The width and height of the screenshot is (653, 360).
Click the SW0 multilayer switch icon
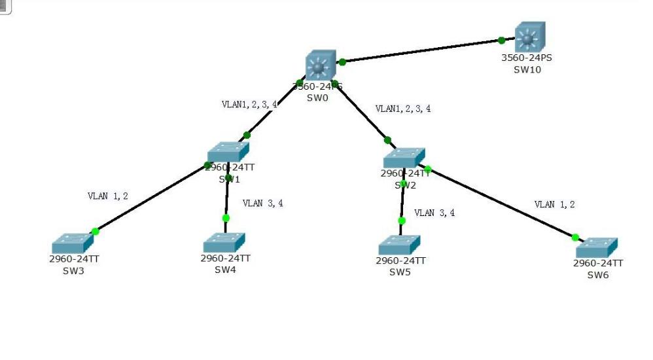[x=320, y=66]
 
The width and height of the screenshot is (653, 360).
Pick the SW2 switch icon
[x=404, y=158]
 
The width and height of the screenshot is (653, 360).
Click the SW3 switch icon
[x=72, y=243]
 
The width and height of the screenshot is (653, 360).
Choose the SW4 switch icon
[x=224, y=242]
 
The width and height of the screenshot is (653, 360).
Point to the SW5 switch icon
[x=399, y=245]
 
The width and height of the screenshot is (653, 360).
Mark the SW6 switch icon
[x=597, y=247]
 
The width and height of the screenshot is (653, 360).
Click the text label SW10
[x=527, y=70]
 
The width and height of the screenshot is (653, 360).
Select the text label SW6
[x=597, y=275]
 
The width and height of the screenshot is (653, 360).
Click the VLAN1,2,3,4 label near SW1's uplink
[x=249, y=104]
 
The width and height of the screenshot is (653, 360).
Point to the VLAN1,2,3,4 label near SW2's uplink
[x=403, y=109]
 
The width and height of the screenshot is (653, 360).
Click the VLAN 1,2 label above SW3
[x=108, y=196]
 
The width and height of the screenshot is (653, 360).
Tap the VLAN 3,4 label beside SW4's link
[x=262, y=204]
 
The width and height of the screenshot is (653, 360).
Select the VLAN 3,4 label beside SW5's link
[x=434, y=213]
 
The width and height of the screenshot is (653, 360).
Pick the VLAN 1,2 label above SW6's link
[x=554, y=204]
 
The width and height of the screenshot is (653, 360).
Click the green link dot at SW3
[x=95, y=231]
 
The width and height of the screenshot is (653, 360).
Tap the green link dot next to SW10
[x=501, y=41]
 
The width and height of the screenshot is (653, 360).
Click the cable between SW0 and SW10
[x=422, y=51]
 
